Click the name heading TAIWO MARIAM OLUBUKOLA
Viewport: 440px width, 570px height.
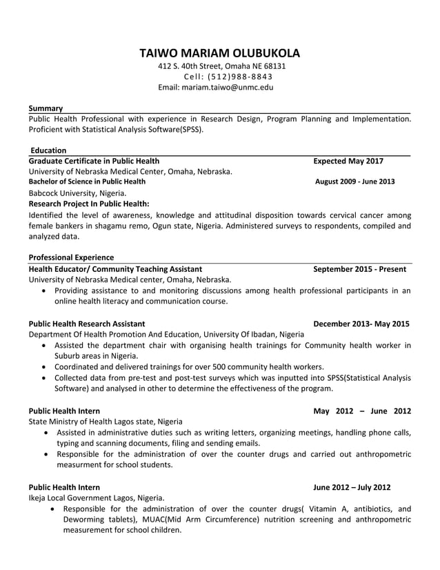click(220, 53)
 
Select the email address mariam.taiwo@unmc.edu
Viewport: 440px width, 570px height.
click(227, 88)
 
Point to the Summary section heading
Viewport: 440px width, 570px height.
click(46, 108)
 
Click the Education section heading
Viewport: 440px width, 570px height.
click(48, 150)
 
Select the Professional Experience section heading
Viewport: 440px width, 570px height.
click(71, 257)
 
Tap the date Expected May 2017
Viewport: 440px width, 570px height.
click(348, 161)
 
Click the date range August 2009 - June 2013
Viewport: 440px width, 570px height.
click(354, 181)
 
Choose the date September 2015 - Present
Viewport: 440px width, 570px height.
click(359, 268)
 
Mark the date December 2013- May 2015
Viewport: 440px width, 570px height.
click(361, 323)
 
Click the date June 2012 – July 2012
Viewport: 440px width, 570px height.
click(351, 487)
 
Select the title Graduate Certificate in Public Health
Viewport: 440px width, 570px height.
click(93, 161)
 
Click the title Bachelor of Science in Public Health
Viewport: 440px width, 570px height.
click(87, 181)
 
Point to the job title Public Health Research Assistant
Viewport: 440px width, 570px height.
click(86, 323)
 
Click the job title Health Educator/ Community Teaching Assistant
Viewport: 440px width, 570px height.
click(115, 268)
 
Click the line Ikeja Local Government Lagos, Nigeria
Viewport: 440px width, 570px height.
click(96, 498)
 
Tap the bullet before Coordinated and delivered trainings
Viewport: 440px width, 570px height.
click(45, 367)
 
